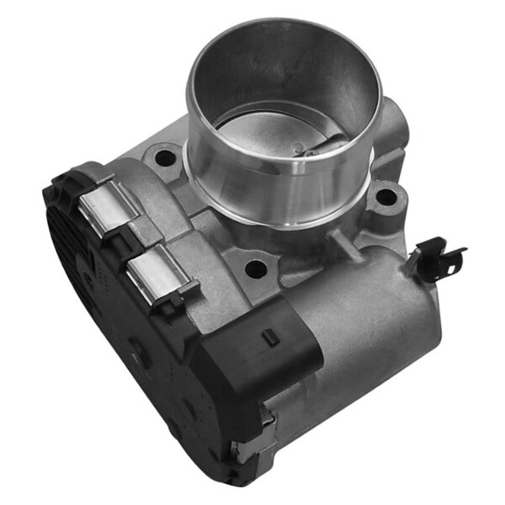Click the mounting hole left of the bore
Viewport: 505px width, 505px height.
click(165, 157)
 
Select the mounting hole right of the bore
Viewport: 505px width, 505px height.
click(385, 197)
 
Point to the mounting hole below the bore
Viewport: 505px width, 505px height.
click(255, 269)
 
